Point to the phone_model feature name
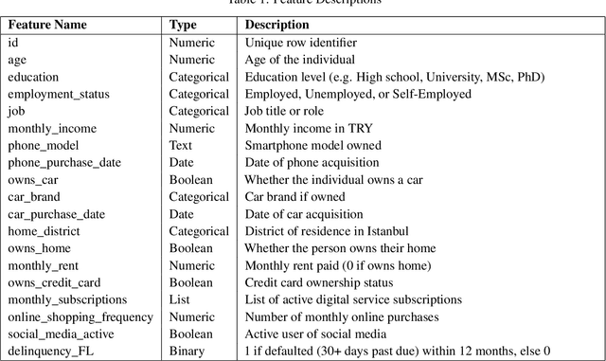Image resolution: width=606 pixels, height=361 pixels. pyautogui.click(x=43, y=145)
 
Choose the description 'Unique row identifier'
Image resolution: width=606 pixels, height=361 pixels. pyautogui.click(x=298, y=43)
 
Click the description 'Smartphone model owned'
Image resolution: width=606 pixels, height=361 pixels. pyautogui.click(x=312, y=145)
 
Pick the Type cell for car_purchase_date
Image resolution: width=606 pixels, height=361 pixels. pyautogui.click(x=183, y=213)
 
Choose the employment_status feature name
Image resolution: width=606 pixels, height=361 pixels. pyautogui.click(x=58, y=94)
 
